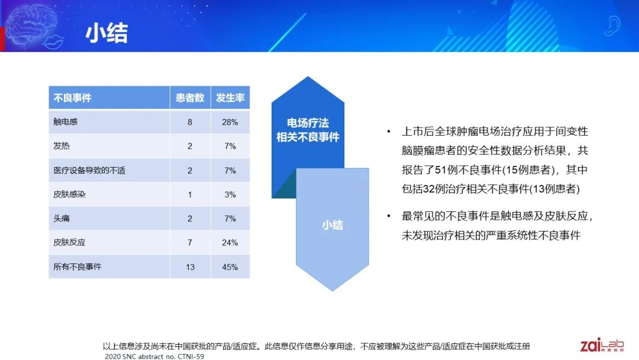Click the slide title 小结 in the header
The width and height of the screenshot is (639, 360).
106,33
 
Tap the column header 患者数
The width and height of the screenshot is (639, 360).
190,98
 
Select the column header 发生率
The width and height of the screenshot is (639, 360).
230,98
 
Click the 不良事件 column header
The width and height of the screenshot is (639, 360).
73,98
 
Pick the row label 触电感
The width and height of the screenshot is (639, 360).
65,121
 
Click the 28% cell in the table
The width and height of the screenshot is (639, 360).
230,122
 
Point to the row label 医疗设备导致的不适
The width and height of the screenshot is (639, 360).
89,171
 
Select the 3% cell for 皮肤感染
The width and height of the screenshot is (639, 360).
230,194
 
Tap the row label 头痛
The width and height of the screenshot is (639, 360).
62,218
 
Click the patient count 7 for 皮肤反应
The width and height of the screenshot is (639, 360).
190,243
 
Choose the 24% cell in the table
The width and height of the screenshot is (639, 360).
230,243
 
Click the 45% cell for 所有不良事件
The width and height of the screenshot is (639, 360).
230,267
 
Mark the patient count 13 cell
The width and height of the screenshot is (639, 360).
191,267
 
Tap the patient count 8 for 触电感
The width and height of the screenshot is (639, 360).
190,122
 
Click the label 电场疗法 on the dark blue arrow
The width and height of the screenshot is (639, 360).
308,123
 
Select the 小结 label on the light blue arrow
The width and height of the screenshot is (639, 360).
333,224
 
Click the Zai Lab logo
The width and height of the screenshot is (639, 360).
602,345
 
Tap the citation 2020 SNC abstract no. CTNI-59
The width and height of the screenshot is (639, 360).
154,356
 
